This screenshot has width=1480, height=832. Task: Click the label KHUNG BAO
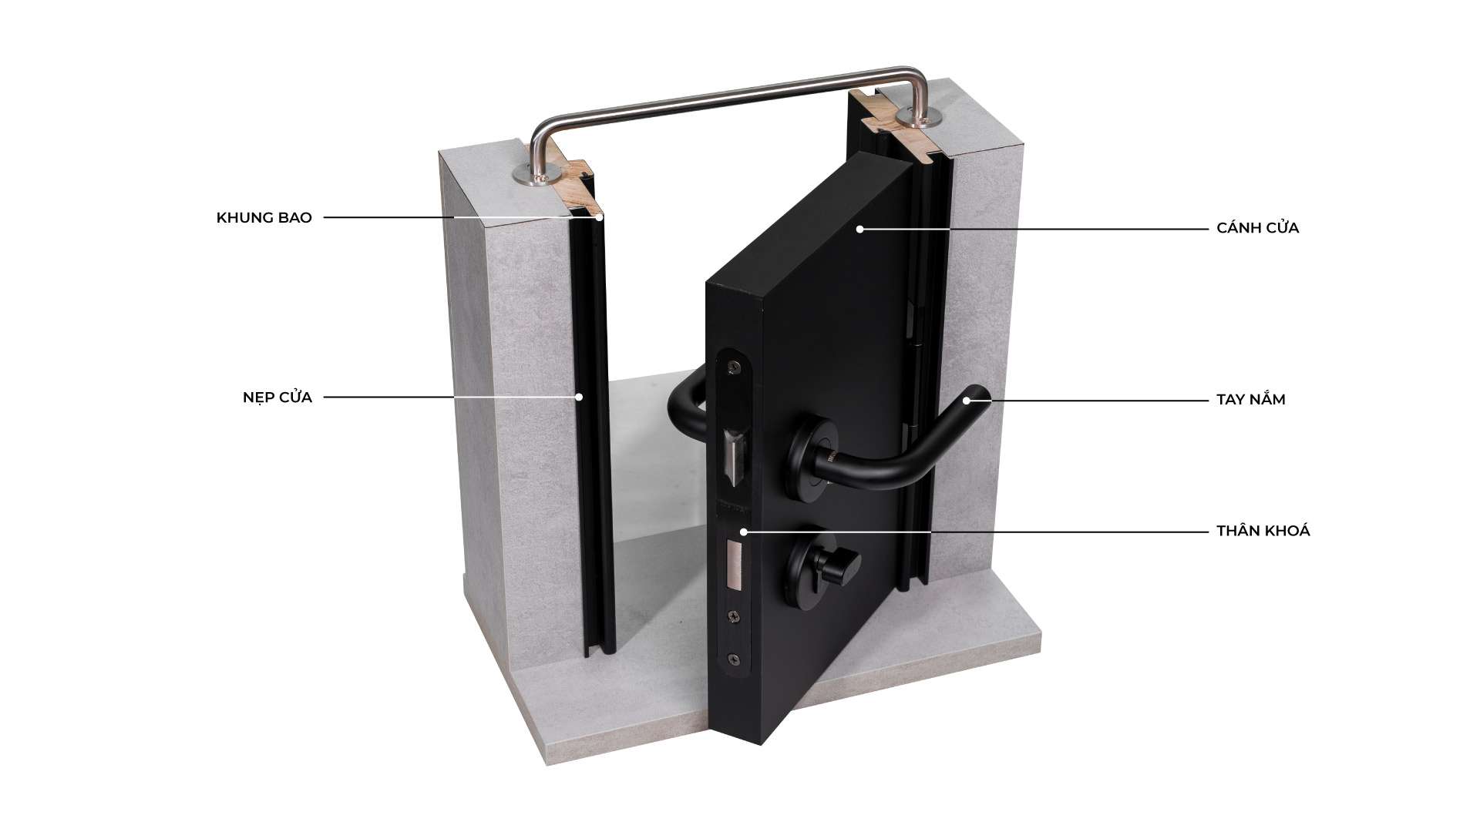pos(264,218)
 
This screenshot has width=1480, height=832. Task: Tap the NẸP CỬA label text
pos(277,398)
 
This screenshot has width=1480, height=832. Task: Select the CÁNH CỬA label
pos(1257,228)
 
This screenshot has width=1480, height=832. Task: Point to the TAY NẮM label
pos(1250,400)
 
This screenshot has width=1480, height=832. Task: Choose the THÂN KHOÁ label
pos(1263,531)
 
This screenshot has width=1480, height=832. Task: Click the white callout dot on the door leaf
pos(859,229)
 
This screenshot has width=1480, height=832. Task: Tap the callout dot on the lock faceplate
pos(743,532)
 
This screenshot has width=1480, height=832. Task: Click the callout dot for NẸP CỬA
pos(580,398)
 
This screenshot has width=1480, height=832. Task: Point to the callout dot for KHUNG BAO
pos(598,218)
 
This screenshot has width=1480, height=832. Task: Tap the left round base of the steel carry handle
pos(531,178)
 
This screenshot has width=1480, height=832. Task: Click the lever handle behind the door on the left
pos(685,401)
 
